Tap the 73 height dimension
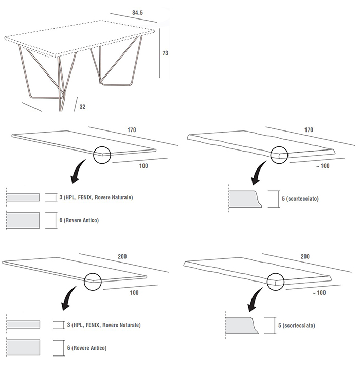coord(165,53)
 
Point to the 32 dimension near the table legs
coord(82,107)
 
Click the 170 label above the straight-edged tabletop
coord(132,130)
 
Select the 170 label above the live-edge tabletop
coord(309,130)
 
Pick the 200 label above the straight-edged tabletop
coord(122,256)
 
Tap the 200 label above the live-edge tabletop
coord(304,256)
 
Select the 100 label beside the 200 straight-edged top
coord(134,293)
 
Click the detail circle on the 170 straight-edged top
coord(102,154)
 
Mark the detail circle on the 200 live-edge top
coord(276,280)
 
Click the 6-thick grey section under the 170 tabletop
coord(24,220)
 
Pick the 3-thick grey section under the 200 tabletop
coord(24,325)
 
